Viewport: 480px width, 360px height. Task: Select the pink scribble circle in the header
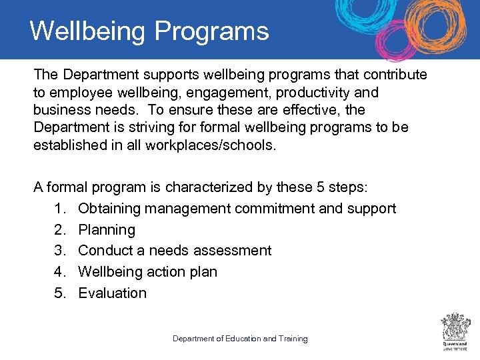click(x=396, y=41)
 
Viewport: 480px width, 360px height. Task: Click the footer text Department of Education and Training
click(x=240, y=339)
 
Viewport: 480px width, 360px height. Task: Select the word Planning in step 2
click(x=107, y=230)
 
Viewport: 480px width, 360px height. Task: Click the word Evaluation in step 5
click(x=112, y=293)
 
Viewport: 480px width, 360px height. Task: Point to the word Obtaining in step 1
click(x=109, y=209)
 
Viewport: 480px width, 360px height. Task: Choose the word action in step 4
click(x=170, y=272)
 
